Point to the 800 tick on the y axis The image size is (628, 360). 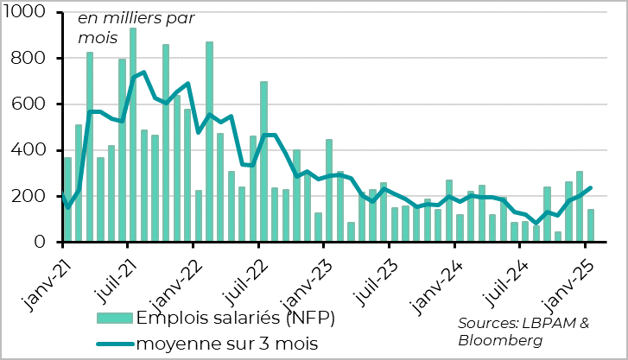point(36,59)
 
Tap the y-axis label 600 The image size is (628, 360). point(36,104)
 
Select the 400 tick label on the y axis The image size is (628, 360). point(36,150)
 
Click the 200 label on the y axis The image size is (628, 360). point(36,197)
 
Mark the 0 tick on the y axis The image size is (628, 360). point(48,243)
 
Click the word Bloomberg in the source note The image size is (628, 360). point(501,340)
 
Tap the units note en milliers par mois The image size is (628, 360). point(136,28)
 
